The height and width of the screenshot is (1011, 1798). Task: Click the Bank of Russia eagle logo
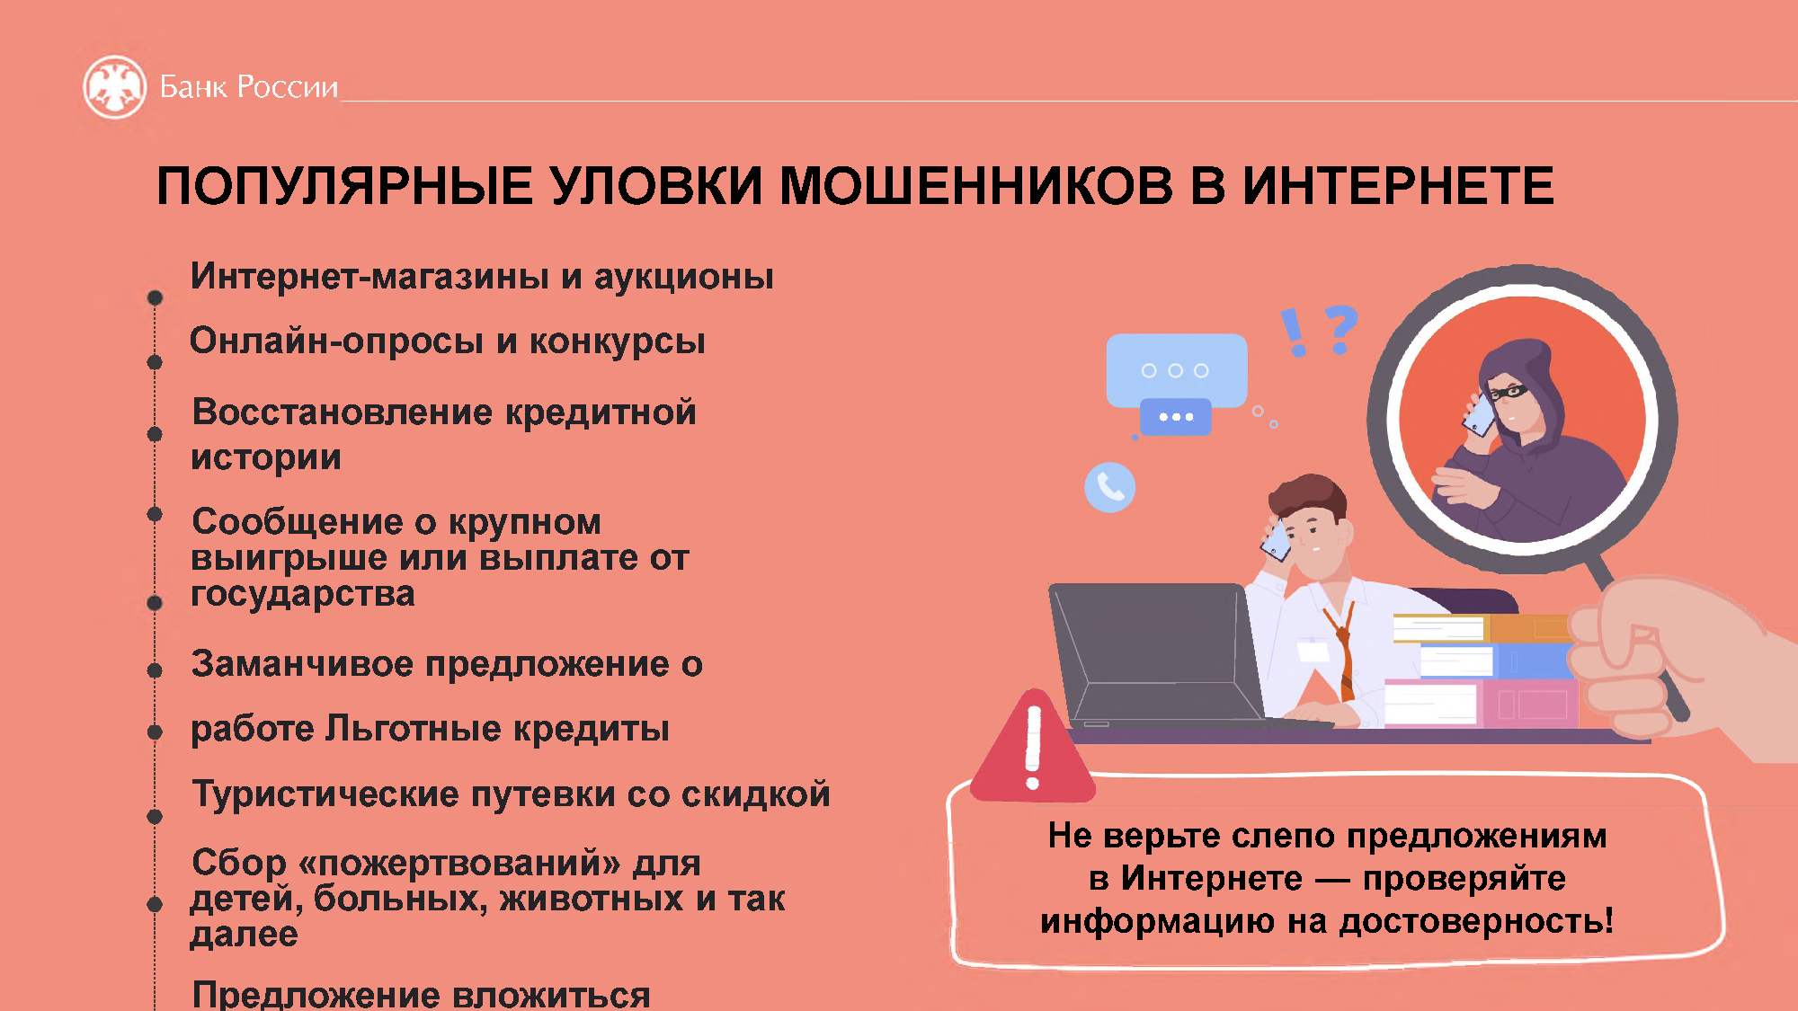(x=114, y=87)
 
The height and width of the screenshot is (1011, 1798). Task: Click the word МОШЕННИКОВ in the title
(x=976, y=186)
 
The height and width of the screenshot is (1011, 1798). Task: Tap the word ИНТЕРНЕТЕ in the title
(x=1398, y=186)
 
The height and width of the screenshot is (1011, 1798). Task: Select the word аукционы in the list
(x=683, y=278)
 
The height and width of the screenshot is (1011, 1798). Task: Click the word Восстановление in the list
(x=343, y=412)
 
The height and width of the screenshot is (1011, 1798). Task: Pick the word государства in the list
(x=303, y=594)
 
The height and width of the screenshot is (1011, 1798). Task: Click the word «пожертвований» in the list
(x=458, y=863)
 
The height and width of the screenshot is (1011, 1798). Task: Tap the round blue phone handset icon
(x=1109, y=487)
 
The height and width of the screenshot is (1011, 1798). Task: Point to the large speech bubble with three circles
(x=1176, y=370)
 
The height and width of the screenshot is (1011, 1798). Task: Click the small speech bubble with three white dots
(x=1175, y=417)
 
